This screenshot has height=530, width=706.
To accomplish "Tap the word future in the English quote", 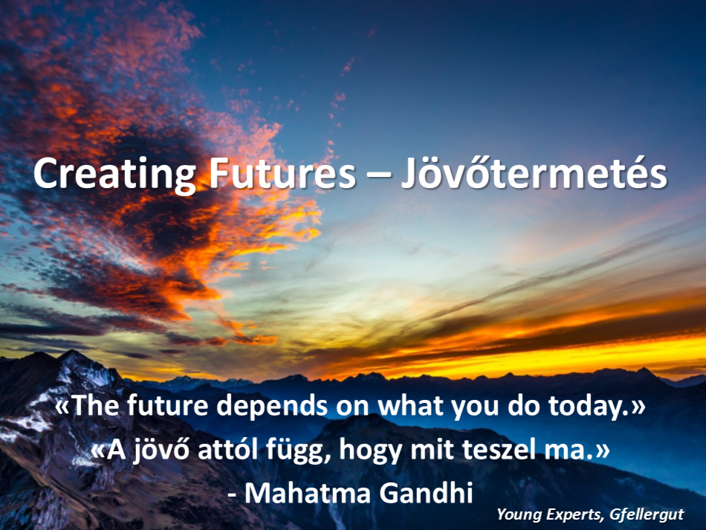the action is (167, 405).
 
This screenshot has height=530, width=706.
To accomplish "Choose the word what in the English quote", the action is (410, 405).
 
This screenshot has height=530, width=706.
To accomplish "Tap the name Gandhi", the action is (426, 492).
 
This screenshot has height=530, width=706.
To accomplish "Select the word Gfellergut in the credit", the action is (647, 514).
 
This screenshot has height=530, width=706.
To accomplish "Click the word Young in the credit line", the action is (519, 514).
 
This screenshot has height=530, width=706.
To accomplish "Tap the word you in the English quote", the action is (475, 408).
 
